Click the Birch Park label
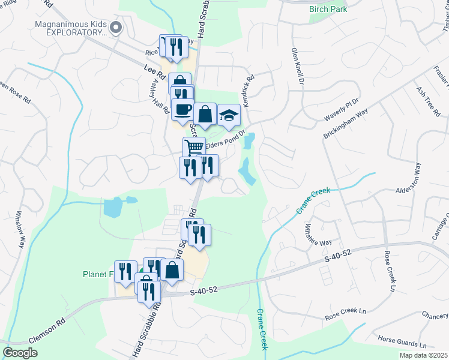[328, 9]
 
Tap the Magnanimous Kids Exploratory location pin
[116, 26]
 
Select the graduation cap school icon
[229, 115]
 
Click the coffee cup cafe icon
[182, 109]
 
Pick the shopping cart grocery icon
[194, 147]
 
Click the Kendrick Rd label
[249, 91]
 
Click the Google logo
[20, 353]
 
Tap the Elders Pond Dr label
[226, 140]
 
